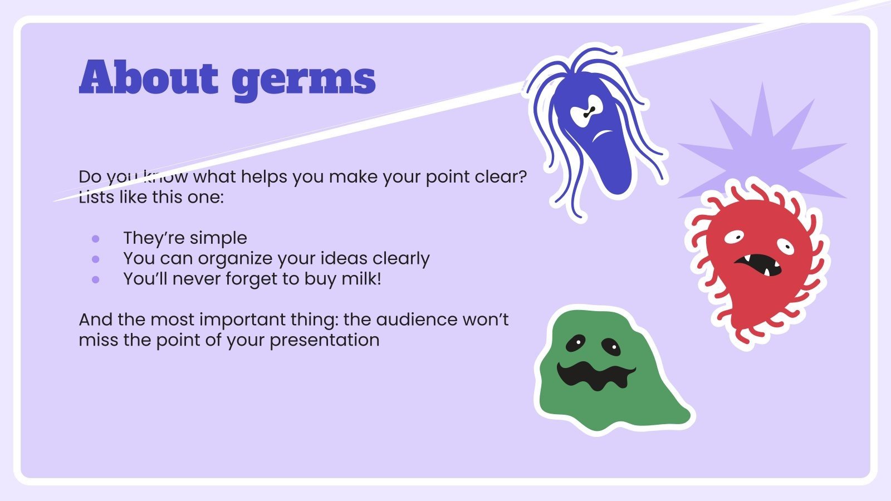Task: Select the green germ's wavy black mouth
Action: click(596, 375)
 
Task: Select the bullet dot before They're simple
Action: click(96, 239)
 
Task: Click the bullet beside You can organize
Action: click(96, 259)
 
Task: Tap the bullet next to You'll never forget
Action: click(96, 279)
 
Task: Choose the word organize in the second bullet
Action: click(234, 259)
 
